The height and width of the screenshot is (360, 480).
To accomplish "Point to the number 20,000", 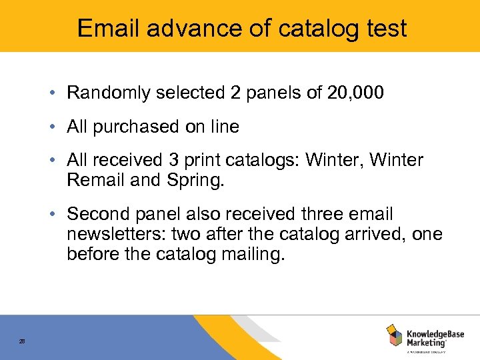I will (355, 93).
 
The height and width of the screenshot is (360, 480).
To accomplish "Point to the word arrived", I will (382, 235).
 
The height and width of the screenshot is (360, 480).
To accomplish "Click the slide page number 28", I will (22, 341).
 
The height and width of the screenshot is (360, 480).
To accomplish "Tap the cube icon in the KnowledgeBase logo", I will (395, 335).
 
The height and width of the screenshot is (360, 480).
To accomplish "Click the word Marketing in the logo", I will (425, 342).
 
